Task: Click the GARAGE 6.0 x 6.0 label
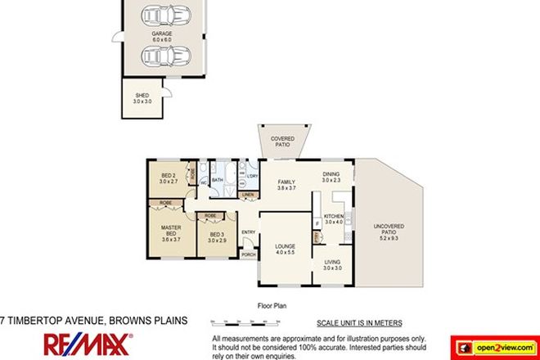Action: (x=162, y=36)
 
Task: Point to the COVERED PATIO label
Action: (x=282, y=141)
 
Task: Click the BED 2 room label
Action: (x=169, y=178)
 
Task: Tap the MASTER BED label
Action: (x=171, y=233)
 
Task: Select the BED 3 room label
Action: (x=217, y=238)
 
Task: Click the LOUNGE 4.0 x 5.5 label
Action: (x=284, y=247)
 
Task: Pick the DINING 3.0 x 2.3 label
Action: (x=331, y=178)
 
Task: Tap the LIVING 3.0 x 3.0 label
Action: (x=332, y=265)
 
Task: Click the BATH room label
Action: (x=218, y=179)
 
